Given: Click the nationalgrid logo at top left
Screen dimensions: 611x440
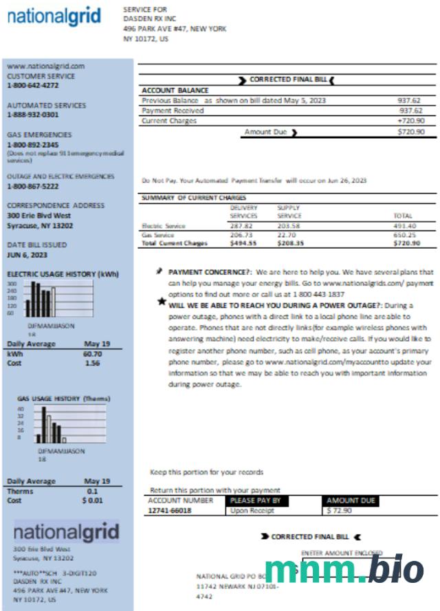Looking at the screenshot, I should coord(54,16).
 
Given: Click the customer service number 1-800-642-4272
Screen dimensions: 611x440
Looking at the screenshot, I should coord(33,86).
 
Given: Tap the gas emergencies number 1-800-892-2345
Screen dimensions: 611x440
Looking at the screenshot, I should coord(33,145).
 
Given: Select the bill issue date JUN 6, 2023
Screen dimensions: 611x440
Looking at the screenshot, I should coord(27,255).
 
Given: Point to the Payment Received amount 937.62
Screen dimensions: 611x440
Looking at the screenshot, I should coord(410,111).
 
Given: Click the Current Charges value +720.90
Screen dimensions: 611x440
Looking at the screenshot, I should coord(411,121).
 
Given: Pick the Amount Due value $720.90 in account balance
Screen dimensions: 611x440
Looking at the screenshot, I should coord(411,131).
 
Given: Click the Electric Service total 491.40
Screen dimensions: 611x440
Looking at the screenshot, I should coord(404,225).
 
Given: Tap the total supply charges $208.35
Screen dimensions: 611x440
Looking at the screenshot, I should coord(291,243).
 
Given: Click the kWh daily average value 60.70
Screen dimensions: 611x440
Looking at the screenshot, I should coord(92,354).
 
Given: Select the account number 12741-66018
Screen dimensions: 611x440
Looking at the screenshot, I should coord(170,511).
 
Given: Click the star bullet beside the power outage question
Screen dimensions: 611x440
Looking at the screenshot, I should coord(162,300).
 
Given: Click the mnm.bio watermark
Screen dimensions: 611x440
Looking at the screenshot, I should coord(344,570).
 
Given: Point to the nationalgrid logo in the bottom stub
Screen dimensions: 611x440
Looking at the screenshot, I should coord(66,532).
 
